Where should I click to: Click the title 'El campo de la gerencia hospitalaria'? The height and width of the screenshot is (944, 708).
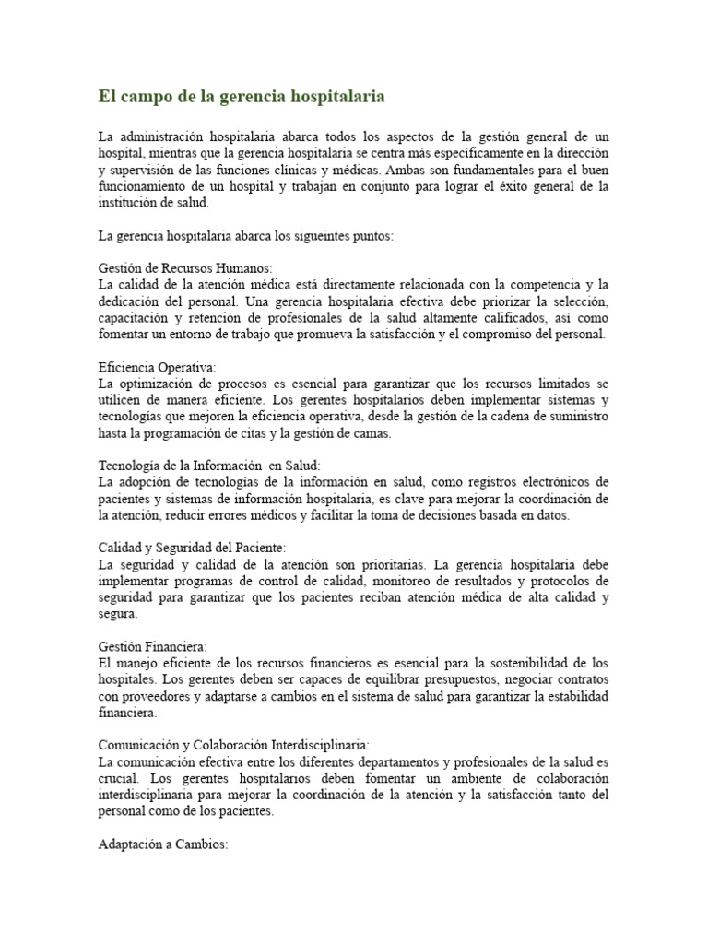[x=242, y=96]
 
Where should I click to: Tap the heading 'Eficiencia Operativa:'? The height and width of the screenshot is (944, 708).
[x=157, y=367]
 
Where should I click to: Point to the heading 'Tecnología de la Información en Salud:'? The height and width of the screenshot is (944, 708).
[x=209, y=466]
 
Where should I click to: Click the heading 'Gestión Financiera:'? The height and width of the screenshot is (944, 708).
[x=152, y=647]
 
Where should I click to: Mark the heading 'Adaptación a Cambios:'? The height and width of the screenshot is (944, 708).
[x=162, y=844]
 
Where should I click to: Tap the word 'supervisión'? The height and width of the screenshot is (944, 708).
[x=143, y=171]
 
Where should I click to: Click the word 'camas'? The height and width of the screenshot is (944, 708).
[x=372, y=433]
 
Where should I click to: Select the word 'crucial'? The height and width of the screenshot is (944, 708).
[x=116, y=779]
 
